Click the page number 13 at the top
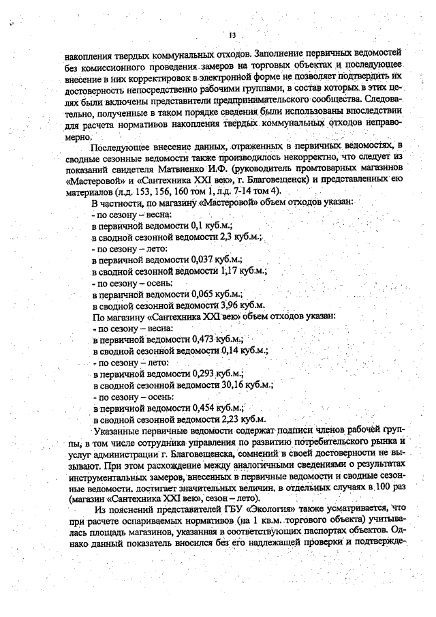[x=233, y=35]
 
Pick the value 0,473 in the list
[x=204, y=339]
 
